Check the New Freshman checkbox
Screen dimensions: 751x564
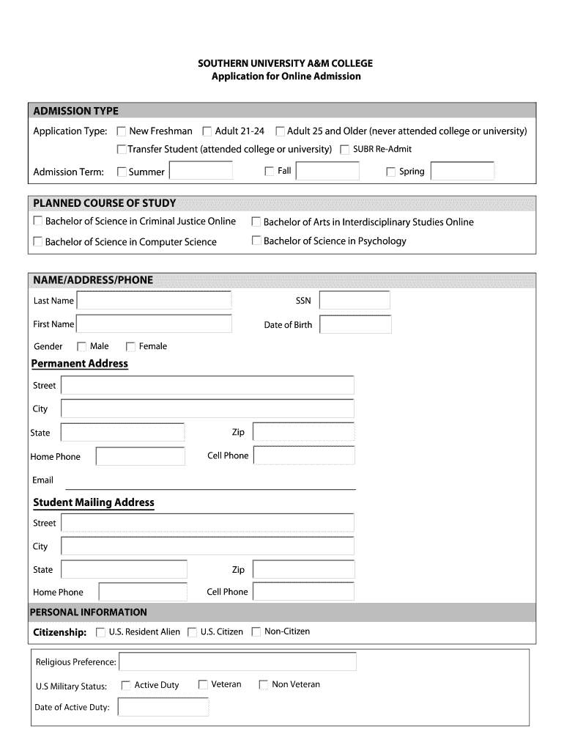coord(122,132)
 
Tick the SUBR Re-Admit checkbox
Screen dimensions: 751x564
coord(344,150)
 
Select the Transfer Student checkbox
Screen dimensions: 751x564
coord(122,150)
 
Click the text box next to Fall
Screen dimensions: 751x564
coord(327,172)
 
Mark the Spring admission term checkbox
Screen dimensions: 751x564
coord(391,172)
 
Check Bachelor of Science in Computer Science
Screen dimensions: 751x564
coord(37,241)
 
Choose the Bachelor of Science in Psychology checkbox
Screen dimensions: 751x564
coord(256,241)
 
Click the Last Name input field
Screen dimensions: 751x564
coord(154,301)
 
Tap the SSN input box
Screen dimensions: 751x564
coord(355,301)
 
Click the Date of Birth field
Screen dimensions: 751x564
coord(355,325)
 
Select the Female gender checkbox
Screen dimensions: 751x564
coord(131,347)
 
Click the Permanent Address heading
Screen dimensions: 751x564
coord(80,364)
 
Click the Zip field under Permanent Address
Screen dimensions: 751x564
coord(303,432)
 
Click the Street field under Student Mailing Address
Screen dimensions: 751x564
coord(207,523)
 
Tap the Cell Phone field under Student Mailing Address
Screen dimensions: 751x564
coord(303,592)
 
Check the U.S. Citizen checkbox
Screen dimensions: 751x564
coord(193,632)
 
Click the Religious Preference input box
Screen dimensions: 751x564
coord(237,662)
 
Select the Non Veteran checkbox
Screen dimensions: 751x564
coord(264,685)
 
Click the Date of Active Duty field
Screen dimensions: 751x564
coord(163,707)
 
